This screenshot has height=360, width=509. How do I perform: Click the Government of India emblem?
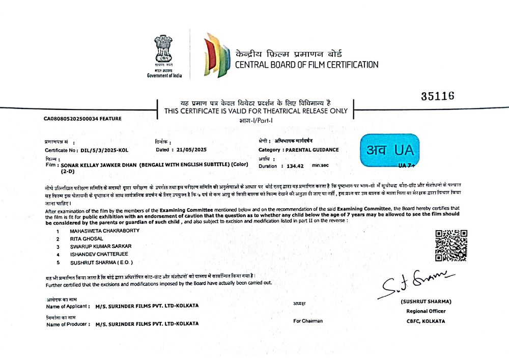point(164,50)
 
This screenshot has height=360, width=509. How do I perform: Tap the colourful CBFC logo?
point(215,55)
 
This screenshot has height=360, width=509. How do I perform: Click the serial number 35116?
point(438,96)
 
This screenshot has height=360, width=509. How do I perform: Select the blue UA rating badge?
point(390,150)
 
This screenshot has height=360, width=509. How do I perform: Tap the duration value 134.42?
point(295,166)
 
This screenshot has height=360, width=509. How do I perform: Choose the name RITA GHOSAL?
point(87,238)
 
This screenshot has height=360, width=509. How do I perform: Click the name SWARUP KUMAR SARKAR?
point(97,246)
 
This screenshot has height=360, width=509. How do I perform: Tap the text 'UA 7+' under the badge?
point(407,166)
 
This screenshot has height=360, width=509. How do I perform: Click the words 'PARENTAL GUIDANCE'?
point(312,150)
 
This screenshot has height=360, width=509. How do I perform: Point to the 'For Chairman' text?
point(308,321)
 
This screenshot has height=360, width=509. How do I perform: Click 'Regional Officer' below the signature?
point(426,311)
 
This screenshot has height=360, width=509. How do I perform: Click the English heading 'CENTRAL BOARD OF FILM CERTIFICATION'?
point(306,65)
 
